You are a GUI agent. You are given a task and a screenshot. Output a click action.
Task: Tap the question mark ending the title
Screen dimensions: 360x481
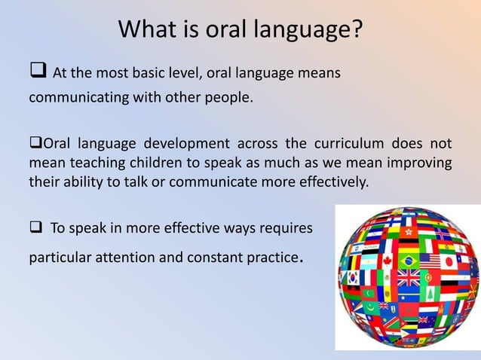pyautogui.click(x=356, y=30)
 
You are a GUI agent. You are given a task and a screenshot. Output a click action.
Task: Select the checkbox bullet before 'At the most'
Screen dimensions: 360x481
pyautogui.click(x=38, y=72)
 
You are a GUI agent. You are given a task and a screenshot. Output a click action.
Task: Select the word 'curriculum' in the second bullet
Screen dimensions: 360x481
pyautogui.click(x=354, y=144)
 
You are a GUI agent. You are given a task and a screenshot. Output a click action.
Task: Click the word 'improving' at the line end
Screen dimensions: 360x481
pyautogui.click(x=424, y=163)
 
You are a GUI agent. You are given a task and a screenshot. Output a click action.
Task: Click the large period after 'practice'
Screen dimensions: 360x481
pyautogui.click(x=302, y=261)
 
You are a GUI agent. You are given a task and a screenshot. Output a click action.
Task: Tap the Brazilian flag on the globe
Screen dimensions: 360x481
pyautogui.click(x=409, y=261)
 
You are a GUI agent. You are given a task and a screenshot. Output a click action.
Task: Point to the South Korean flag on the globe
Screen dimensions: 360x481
pyautogui.click(x=353, y=278)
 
